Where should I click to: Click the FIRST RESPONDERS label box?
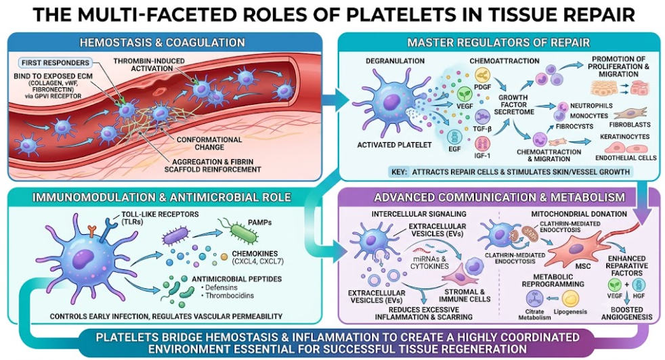coord(56,63)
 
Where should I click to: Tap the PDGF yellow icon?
coord(482,75)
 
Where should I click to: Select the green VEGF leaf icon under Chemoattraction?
coord(465,93)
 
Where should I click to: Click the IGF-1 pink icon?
coord(482,143)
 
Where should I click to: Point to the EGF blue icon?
coord(455,137)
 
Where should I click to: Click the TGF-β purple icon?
coord(482,116)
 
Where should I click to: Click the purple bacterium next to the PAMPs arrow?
coord(175,235)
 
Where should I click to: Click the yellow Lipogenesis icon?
coord(570,298)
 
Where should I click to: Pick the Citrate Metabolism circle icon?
coord(534,298)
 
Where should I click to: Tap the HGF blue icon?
coord(639,284)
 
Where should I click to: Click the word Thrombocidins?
coord(230,296)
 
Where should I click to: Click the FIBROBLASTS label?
coord(630,125)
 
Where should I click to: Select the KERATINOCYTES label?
coord(625,137)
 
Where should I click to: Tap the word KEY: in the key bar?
coord(400,172)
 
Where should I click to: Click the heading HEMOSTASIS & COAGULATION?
coord(162,43)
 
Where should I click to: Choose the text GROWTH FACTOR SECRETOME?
coord(514,104)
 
